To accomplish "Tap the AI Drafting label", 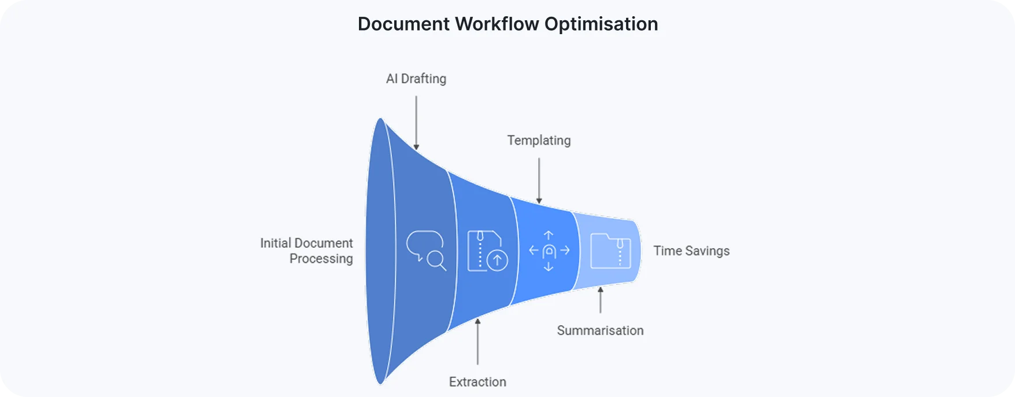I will [416, 79].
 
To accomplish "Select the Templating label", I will [539, 141].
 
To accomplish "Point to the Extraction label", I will [477, 382].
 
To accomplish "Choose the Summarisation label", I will [600, 330].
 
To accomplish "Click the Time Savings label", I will [691, 251].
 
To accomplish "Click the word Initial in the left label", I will [275, 243].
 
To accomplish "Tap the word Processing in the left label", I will [321, 259].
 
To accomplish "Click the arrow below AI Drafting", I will [416, 122].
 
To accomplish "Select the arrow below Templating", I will [539, 180].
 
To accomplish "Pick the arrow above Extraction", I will [477, 341].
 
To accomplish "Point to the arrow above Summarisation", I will [601, 300].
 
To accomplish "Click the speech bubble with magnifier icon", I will [426, 251].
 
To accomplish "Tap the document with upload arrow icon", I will [487, 251].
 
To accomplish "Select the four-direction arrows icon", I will [549, 251].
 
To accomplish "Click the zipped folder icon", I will [610, 251].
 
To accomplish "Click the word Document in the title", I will [403, 24].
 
